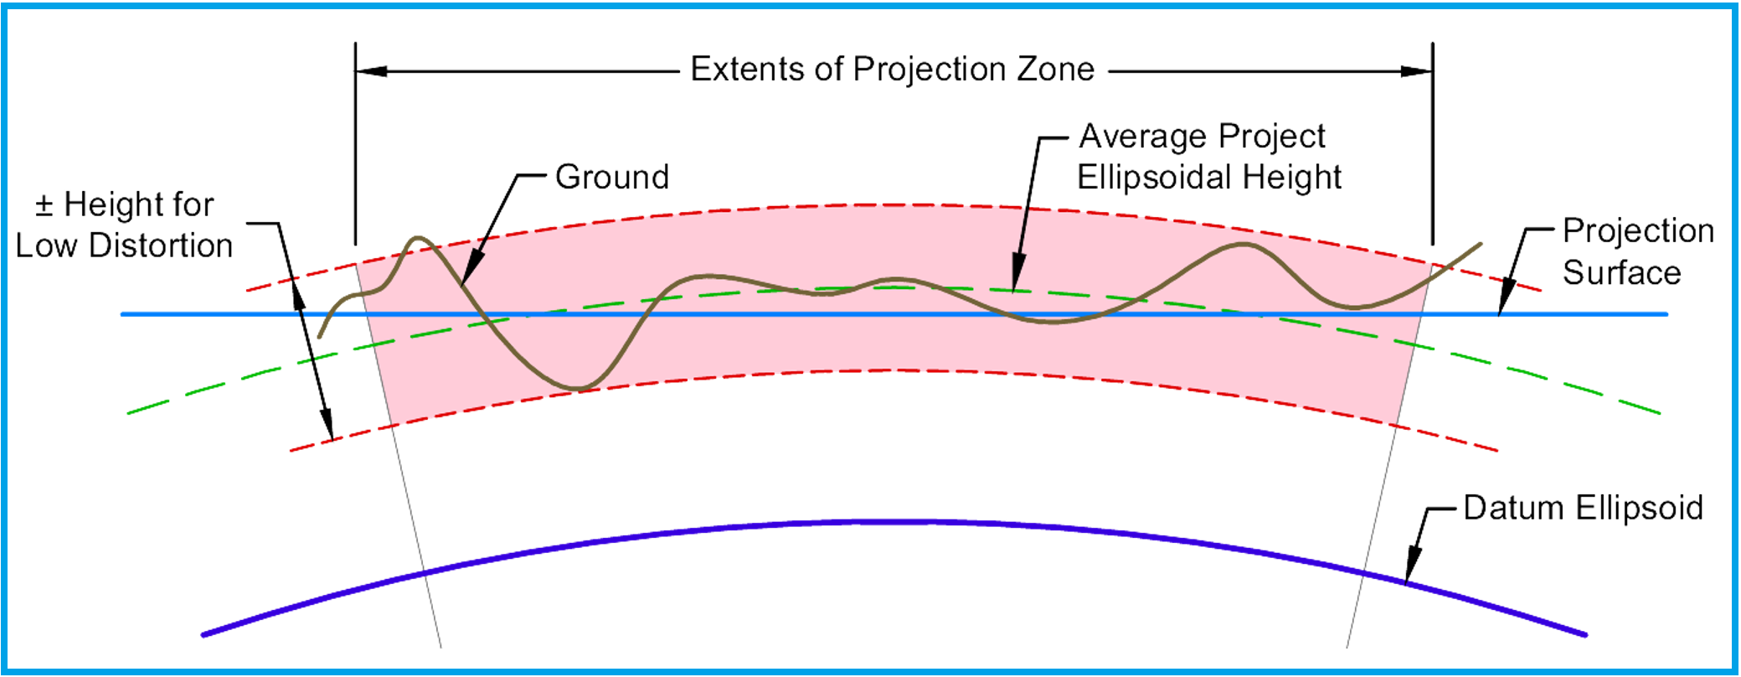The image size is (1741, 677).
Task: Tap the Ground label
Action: pos(612,178)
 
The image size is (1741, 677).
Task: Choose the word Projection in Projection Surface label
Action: pos(1638,231)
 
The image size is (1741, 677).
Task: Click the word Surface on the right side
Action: pos(1621,273)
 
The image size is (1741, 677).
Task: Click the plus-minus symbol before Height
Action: pos(44,205)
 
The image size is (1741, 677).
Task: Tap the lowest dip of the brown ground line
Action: pos(578,389)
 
